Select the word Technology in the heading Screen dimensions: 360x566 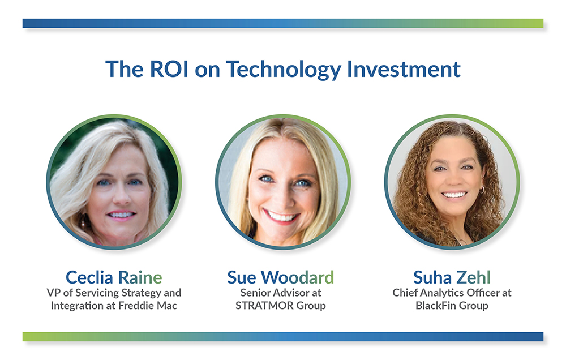(283, 69)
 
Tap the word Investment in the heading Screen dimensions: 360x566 (404, 69)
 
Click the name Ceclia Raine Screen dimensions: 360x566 (114, 277)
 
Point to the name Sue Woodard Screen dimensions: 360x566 (280, 277)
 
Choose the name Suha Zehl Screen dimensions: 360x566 (451, 277)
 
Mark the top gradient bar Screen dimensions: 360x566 (283, 23)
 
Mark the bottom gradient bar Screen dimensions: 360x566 (283, 336)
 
